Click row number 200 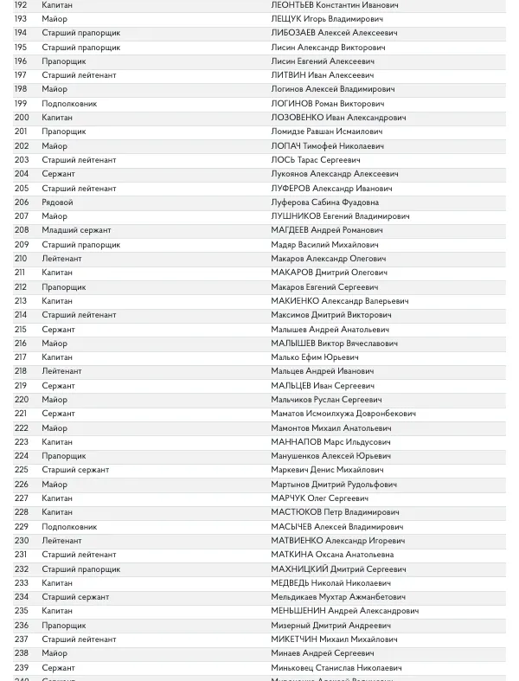coord(22,118)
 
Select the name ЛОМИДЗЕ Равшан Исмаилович coord(326,132)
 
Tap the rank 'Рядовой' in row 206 coord(57,202)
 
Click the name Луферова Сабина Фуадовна coord(324,202)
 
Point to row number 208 coord(22,230)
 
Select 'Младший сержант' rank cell coord(76,230)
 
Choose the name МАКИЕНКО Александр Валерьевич coord(339,301)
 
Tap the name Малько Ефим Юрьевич coord(314,357)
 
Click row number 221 coord(22,414)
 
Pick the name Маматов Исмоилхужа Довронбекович coord(343,414)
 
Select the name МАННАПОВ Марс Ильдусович coord(330,442)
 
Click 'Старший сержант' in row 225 coord(75,470)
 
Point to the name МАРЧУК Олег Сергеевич coord(319,498)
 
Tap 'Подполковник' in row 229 coord(69,527)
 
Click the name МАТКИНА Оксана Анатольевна coord(332,555)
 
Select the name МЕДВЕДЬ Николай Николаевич coord(330,583)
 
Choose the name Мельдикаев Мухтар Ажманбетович coord(337,597)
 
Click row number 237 coord(22,639)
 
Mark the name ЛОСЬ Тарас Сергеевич coord(315,160)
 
